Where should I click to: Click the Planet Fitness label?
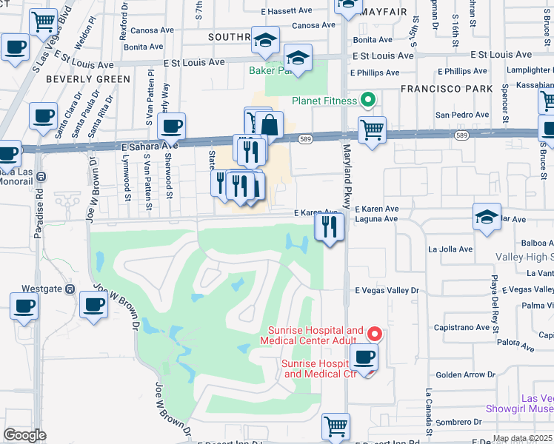click(x=323, y=101)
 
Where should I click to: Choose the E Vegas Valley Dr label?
click(x=387, y=292)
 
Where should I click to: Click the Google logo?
click(x=24, y=435)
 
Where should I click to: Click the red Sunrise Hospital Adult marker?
click(x=375, y=334)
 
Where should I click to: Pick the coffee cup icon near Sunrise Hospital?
click(x=364, y=358)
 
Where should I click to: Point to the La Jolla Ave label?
click(x=455, y=249)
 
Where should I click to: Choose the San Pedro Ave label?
click(x=461, y=115)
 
